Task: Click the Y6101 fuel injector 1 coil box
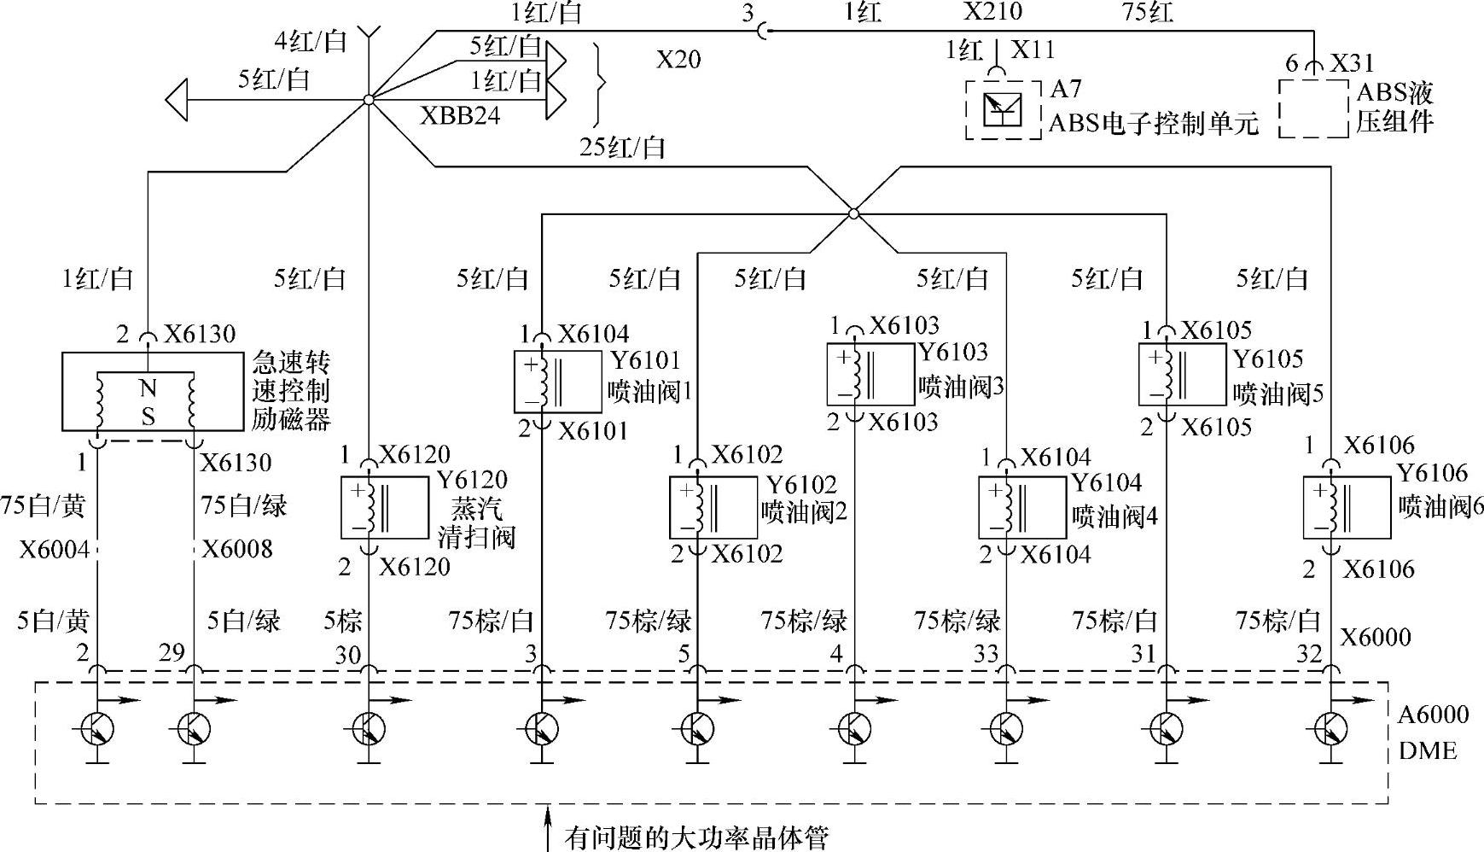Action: tap(557, 380)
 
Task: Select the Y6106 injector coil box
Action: tap(1347, 508)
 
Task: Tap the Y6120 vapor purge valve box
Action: tap(384, 508)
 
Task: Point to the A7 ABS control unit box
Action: tap(1004, 108)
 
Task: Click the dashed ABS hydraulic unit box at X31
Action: tap(1314, 108)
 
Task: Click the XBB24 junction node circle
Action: tap(368, 100)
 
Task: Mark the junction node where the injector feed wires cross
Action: tap(853, 213)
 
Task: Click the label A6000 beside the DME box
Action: tap(1434, 715)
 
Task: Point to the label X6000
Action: tap(1376, 638)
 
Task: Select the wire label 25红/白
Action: tap(623, 148)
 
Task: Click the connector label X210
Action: tap(992, 11)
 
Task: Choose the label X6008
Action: tap(237, 548)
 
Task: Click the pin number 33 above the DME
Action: tap(986, 654)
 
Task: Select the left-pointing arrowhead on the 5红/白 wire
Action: tap(176, 100)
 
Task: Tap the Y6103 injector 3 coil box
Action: tap(870, 374)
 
